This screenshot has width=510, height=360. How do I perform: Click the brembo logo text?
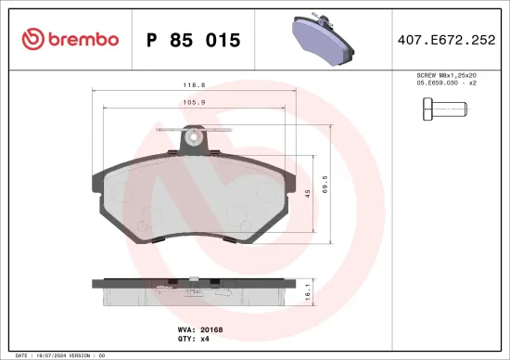pyautogui.click(x=83, y=39)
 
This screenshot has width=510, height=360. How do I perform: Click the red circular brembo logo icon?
pyautogui.click(x=33, y=39)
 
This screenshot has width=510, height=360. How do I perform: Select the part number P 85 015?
pyautogui.click(x=194, y=40)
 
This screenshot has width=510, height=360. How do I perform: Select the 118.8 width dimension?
pyautogui.click(x=194, y=85)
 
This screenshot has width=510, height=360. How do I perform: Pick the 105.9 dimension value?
pyautogui.click(x=194, y=104)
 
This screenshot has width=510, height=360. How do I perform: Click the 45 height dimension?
pyautogui.click(x=307, y=193)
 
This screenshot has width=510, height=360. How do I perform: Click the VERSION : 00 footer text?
pyautogui.click(x=96, y=355)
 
